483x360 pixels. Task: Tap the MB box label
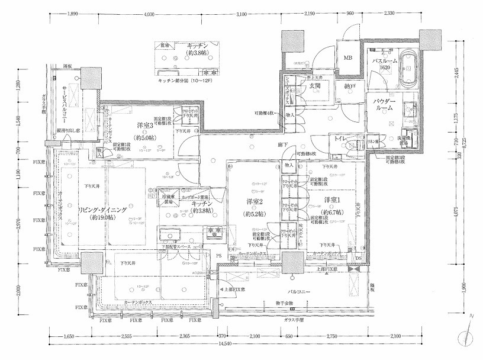click(x=347, y=58)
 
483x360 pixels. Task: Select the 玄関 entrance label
click(x=314, y=87)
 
